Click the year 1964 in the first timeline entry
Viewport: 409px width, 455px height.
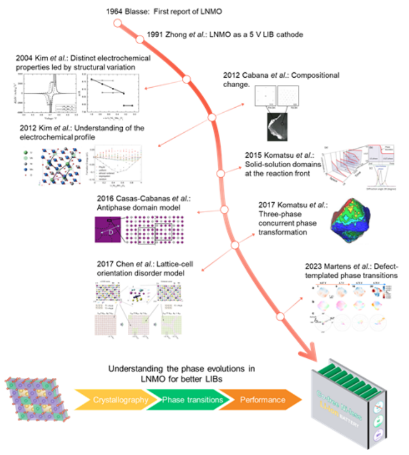[x=116, y=11]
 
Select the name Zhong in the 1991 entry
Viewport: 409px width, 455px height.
[x=177, y=34]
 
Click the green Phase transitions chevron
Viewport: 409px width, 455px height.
[x=192, y=400]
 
